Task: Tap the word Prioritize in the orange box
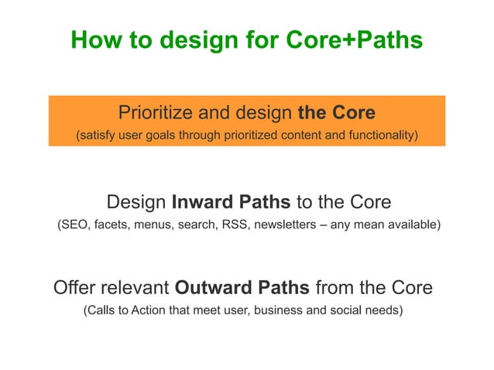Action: pyautogui.click(x=153, y=113)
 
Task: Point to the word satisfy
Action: pyautogui.click(x=99, y=136)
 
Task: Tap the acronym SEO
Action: pyautogui.click(x=76, y=225)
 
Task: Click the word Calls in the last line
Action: pyautogui.click(x=102, y=311)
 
